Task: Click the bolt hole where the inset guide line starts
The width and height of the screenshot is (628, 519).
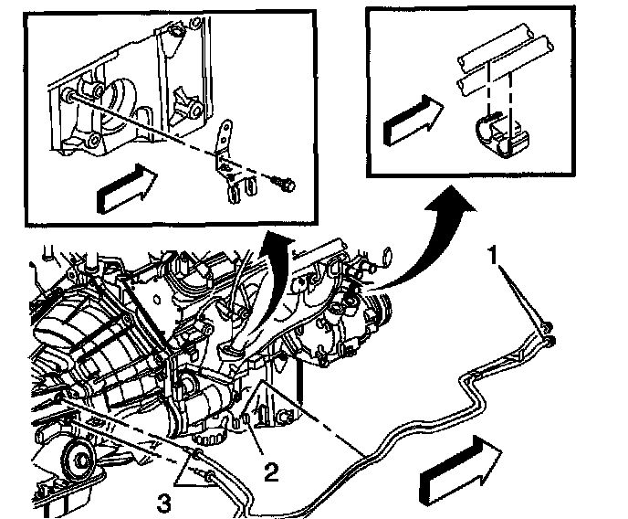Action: [x=69, y=95]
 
